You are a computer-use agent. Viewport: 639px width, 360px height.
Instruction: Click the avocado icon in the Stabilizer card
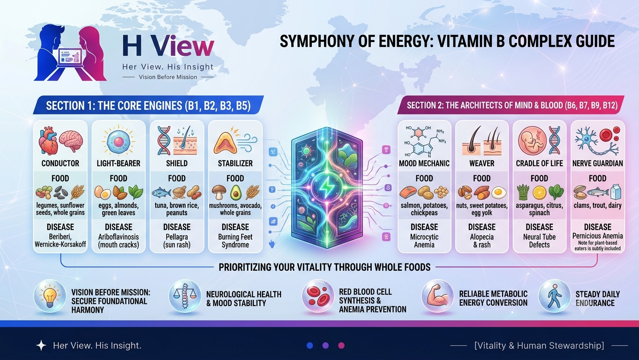236,192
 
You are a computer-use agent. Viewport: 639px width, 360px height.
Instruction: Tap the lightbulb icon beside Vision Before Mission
50,296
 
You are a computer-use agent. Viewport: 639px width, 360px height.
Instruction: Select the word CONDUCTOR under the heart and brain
60,164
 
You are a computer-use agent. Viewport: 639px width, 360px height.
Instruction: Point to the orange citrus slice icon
540,193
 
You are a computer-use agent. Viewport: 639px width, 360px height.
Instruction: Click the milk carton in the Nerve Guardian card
615,192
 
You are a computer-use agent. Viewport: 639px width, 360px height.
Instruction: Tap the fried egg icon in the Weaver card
499,193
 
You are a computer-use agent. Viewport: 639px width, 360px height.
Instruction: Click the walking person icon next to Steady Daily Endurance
554,296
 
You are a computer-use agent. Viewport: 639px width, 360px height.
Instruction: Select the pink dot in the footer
341,346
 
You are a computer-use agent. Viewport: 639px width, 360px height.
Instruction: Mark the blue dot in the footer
310,346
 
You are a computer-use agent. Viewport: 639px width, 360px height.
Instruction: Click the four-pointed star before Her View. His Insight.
41,345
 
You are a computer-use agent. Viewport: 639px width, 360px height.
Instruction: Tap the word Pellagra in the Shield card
177,237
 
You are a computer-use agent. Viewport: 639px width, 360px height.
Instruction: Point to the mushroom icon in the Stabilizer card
219,192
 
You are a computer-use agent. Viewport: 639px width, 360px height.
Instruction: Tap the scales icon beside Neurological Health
185,296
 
